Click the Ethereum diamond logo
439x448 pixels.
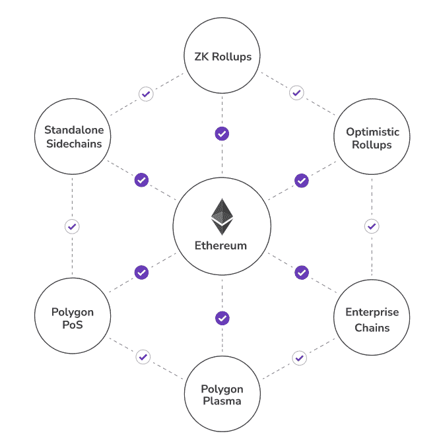pos(222,216)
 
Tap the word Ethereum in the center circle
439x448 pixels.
pos(220,245)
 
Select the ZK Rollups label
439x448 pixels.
pos(223,57)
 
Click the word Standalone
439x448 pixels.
pos(74,130)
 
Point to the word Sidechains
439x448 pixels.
pos(74,144)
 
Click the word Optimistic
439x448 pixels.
pos(373,132)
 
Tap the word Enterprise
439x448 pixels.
pos(372,312)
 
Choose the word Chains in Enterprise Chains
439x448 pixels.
pos(372,328)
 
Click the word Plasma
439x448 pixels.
pos(222,401)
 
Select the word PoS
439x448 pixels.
pos(73,325)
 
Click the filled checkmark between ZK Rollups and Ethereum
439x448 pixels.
pos(222,134)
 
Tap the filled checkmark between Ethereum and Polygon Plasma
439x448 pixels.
pos(222,318)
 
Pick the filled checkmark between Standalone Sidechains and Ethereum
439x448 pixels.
pos(141,180)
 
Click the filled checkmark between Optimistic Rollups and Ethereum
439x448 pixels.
pos(302,181)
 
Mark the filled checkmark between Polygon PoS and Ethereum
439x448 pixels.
pos(141,272)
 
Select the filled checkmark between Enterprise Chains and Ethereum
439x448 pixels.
pos(302,272)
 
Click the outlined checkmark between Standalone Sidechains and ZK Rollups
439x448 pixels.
pos(146,94)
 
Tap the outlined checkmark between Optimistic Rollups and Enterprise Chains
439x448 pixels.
pos(372,226)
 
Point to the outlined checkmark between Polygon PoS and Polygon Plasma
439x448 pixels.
pos(143,357)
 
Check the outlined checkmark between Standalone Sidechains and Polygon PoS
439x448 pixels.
pos(72,226)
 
